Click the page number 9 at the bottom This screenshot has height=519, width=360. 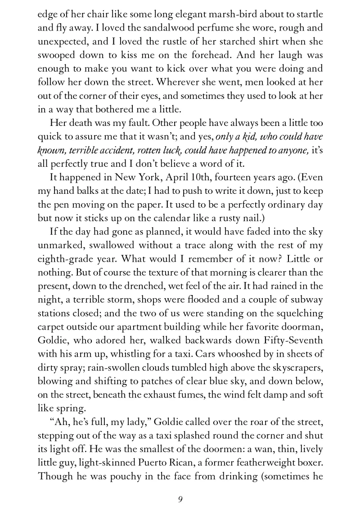pos(180,498)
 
